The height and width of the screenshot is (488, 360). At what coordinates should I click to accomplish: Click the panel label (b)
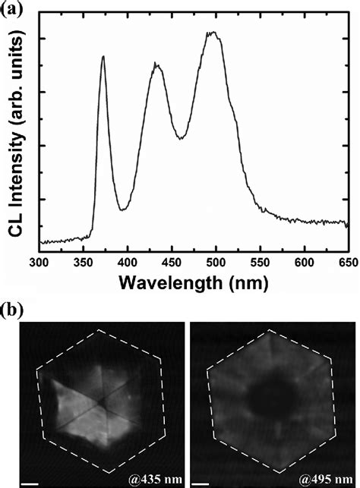pyautogui.click(x=14, y=310)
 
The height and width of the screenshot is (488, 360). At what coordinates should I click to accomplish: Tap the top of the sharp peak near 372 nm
pyautogui.click(x=103, y=56)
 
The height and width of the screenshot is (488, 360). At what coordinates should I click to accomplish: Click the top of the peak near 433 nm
pyautogui.click(x=156, y=65)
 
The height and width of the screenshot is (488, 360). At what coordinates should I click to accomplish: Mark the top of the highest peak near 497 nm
pyautogui.click(x=215, y=33)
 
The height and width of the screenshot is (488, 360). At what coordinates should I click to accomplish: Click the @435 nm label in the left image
pyautogui.click(x=154, y=479)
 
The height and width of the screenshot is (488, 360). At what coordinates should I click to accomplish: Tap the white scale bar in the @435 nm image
pyautogui.click(x=27, y=480)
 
